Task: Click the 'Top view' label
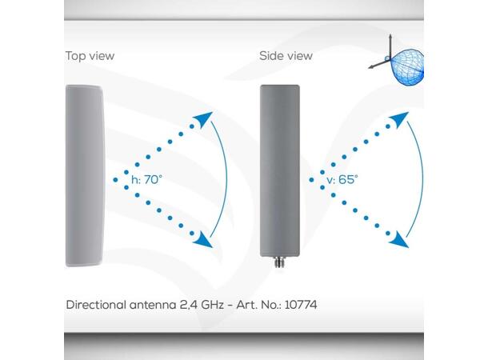[90, 56]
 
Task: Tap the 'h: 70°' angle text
[144, 180]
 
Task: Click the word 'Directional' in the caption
[95, 305]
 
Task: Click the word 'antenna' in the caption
[150, 305]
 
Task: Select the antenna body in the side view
[280, 168]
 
